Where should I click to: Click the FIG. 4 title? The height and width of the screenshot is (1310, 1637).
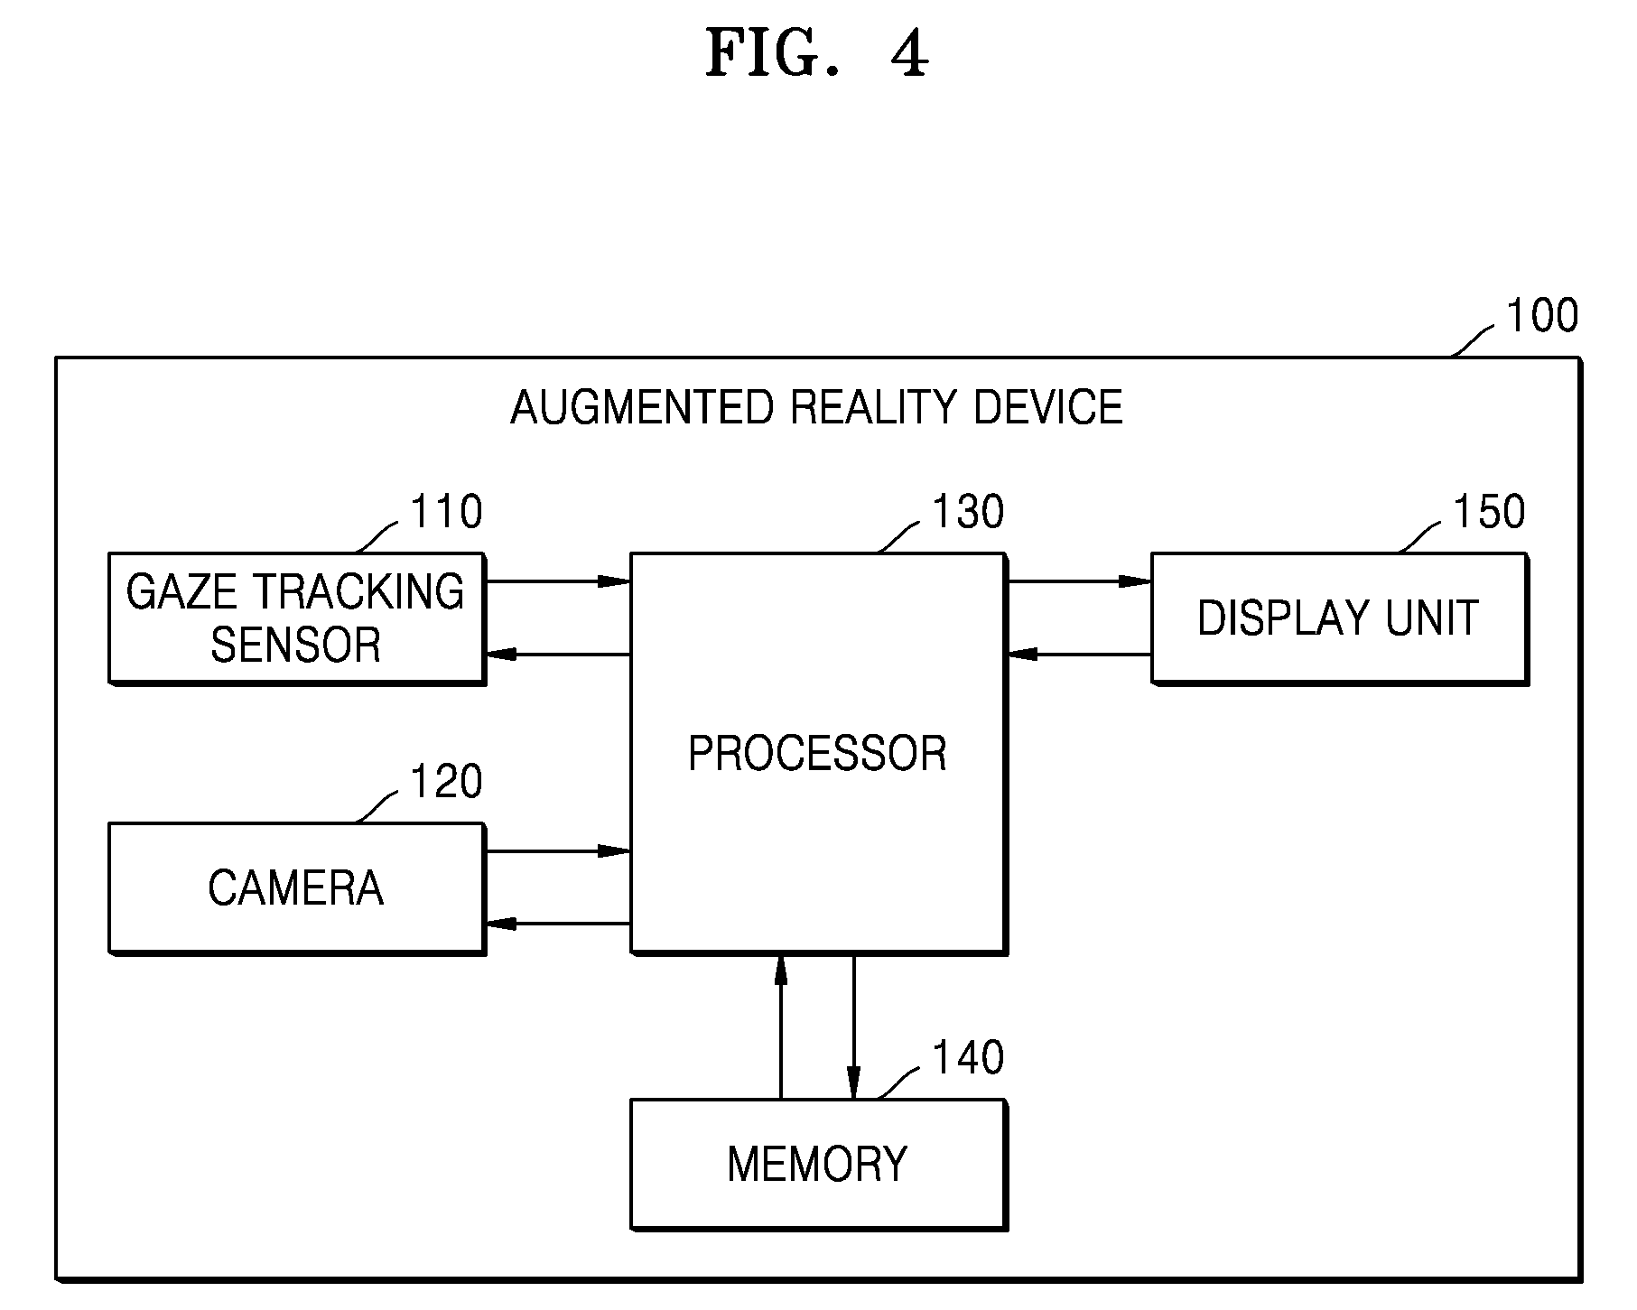(x=816, y=53)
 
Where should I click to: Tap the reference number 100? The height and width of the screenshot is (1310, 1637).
(x=1542, y=316)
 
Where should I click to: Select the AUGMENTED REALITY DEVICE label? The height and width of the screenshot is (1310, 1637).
(x=816, y=407)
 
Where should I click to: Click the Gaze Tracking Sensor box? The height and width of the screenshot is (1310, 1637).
(x=296, y=618)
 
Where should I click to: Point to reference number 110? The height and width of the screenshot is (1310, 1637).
(x=446, y=512)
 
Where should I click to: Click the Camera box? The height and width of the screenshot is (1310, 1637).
(x=296, y=887)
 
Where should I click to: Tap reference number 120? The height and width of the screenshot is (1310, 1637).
(x=446, y=781)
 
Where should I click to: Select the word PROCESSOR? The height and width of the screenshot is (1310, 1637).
(x=817, y=753)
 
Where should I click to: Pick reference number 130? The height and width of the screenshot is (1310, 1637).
(x=967, y=512)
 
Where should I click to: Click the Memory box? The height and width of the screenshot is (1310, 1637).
(x=818, y=1165)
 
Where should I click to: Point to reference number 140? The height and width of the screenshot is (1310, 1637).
(x=967, y=1057)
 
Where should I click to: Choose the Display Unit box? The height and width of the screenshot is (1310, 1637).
(x=1339, y=618)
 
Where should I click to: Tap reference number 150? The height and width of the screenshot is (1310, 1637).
(x=1488, y=512)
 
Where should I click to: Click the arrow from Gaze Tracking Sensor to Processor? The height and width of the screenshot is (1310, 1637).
(x=557, y=581)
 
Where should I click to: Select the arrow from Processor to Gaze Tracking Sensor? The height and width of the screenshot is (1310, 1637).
(x=557, y=655)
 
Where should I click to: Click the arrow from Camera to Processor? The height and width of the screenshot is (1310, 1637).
(x=557, y=850)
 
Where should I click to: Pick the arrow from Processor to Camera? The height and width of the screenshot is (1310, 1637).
(x=557, y=924)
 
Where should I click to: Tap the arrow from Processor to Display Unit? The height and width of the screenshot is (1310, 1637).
(x=1079, y=581)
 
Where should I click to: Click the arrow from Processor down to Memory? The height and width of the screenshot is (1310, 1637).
(x=853, y=1027)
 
